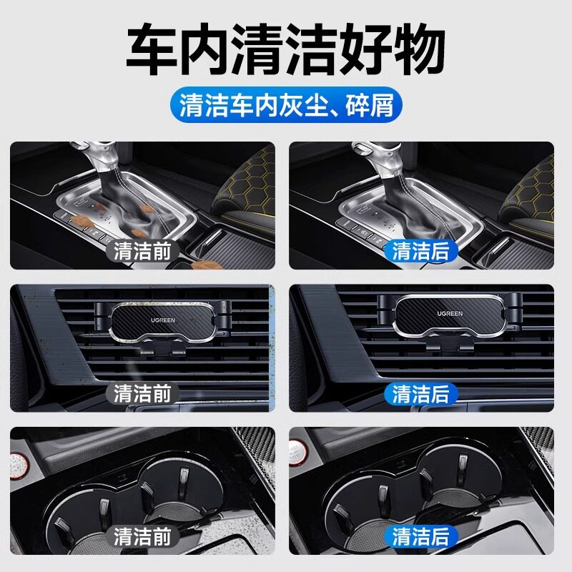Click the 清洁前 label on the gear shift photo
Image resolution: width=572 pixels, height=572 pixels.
tap(142, 251)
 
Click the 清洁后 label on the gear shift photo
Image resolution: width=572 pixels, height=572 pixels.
tap(421, 251)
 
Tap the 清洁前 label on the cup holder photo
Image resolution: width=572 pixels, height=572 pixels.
tap(142, 536)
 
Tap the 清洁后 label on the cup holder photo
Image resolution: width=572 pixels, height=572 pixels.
tap(421, 536)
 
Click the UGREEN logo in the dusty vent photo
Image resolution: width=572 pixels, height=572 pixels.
tap(164, 315)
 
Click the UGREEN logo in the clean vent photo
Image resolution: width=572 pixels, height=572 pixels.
tap(450, 314)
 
